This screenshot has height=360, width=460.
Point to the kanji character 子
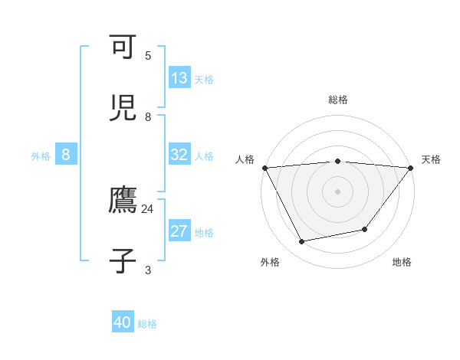[x=124, y=260]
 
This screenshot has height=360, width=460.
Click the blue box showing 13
[x=179, y=78]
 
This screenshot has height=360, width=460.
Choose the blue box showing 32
[x=179, y=155]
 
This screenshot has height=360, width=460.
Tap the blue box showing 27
[x=179, y=231]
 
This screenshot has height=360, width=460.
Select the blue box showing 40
[x=123, y=322]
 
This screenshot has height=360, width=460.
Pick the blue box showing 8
[x=66, y=155]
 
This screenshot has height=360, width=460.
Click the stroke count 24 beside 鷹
[x=148, y=208]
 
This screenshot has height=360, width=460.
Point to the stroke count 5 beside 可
[x=148, y=55]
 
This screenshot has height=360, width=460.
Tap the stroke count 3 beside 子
[x=148, y=270]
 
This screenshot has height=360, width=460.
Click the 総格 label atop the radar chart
[x=338, y=100]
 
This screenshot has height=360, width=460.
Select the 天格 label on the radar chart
[x=431, y=159]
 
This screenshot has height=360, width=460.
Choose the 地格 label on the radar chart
[x=402, y=262]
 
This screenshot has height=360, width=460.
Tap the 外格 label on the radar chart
[x=270, y=262]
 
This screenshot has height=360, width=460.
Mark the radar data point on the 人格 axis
[x=264, y=168]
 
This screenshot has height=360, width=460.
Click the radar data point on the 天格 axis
[x=411, y=168]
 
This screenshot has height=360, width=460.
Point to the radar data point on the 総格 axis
[x=338, y=161]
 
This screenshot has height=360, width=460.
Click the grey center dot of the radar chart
[x=338, y=191]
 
